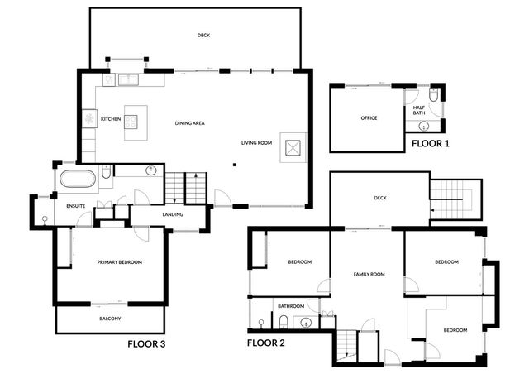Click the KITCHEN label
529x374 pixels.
111,120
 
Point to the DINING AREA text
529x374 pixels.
189,123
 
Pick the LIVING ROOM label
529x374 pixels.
256,143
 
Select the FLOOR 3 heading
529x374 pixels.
148,343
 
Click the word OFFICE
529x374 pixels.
369,117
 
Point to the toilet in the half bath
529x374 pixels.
423,127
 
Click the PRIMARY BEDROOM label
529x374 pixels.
120,262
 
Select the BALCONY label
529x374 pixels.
110,319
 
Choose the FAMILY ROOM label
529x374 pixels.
369,274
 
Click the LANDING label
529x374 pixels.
173,215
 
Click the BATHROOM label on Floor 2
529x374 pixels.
291,305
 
